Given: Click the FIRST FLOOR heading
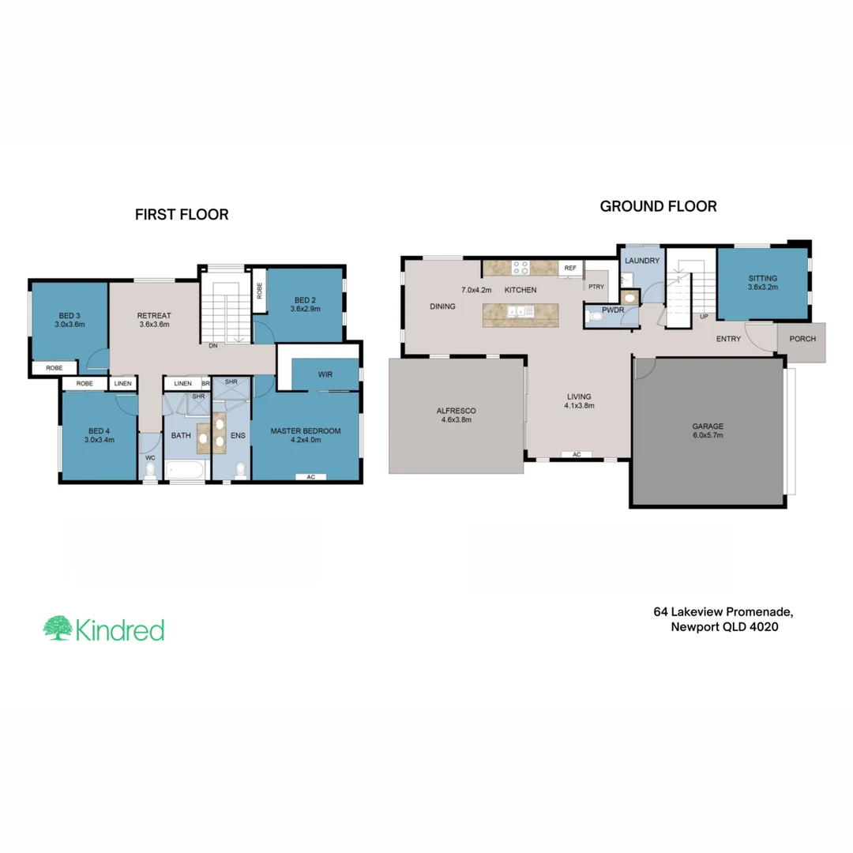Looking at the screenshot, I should [x=182, y=214].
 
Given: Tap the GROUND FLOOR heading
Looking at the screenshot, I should [x=658, y=206].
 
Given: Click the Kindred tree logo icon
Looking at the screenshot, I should [x=57, y=629].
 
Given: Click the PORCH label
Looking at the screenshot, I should [x=802, y=339].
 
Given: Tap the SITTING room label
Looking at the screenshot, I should [x=763, y=278].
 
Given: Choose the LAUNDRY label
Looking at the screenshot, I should [x=641, y=261].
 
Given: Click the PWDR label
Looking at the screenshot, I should [x=613, y=311].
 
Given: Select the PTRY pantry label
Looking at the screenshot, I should [x=596, y=287].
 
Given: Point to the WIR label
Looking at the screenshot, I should [x=325, y=374].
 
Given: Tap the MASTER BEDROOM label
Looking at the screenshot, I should [x=305, y=430].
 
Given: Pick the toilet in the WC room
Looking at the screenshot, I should [x=150, y=472].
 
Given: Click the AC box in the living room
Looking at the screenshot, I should [x=577, y=455].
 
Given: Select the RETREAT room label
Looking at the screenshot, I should [x=155, y=315].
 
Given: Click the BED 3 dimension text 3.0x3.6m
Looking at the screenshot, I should [x=70, y=324].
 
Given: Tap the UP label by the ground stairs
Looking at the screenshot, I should [x=703, y=317].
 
